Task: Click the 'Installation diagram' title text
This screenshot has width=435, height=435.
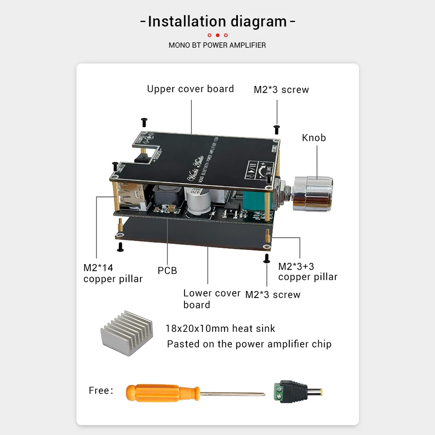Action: click(x=217, y=21)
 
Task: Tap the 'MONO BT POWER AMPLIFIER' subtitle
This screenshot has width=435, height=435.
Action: click(x=217, y=45)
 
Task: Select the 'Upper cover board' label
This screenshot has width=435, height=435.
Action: click(x=191, y=89)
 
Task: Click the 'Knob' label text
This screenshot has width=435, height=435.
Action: click(x=314, y=137)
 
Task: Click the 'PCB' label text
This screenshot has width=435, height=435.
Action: click(x=167, y=271)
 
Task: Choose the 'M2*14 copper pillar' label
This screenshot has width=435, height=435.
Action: click(x=113, y=273)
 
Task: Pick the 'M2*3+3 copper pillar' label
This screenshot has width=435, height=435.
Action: click(x=308, y=271)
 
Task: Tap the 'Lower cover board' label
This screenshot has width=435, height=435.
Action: click(x=211, y=299)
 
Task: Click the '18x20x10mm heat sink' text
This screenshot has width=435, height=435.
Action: click(x=220, y=328)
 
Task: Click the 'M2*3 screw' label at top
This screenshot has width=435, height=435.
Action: click(x=281, y=90)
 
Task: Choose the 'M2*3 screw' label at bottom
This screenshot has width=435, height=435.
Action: click(x=273, y=294)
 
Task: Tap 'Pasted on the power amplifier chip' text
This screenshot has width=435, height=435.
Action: click(x=249, y=344)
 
